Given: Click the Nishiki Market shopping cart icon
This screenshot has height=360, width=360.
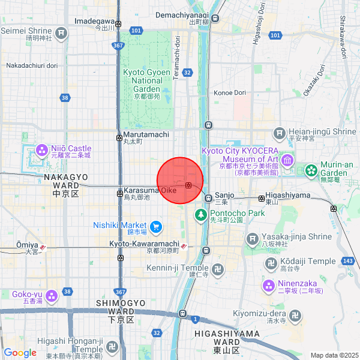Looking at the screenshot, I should pos(156,226).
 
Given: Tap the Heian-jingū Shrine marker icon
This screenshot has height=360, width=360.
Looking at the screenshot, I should pos(279,133).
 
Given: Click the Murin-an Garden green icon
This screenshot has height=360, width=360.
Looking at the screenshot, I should pos(311,171).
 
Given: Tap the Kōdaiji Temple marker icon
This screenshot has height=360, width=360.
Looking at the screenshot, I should pos(271,263).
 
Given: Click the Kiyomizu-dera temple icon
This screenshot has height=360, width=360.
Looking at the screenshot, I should pos(295,315).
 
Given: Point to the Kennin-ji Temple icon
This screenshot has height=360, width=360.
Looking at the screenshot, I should pos(217,269).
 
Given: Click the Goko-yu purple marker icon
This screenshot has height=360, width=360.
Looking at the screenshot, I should pos(52,295).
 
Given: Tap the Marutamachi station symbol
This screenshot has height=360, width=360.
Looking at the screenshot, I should pos(119,137).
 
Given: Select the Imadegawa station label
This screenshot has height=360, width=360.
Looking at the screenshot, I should pos(94,20).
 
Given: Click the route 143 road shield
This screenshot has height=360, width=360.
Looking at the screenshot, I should pos(347,262).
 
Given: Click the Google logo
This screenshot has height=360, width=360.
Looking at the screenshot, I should pos(20,352).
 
